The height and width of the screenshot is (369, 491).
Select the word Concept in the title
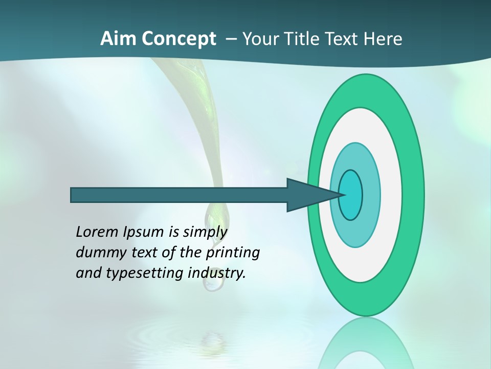tap(178, 39)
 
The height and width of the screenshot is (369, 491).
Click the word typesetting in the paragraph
tap(145, 273)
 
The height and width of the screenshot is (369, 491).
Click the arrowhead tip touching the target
tap(342, 195)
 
